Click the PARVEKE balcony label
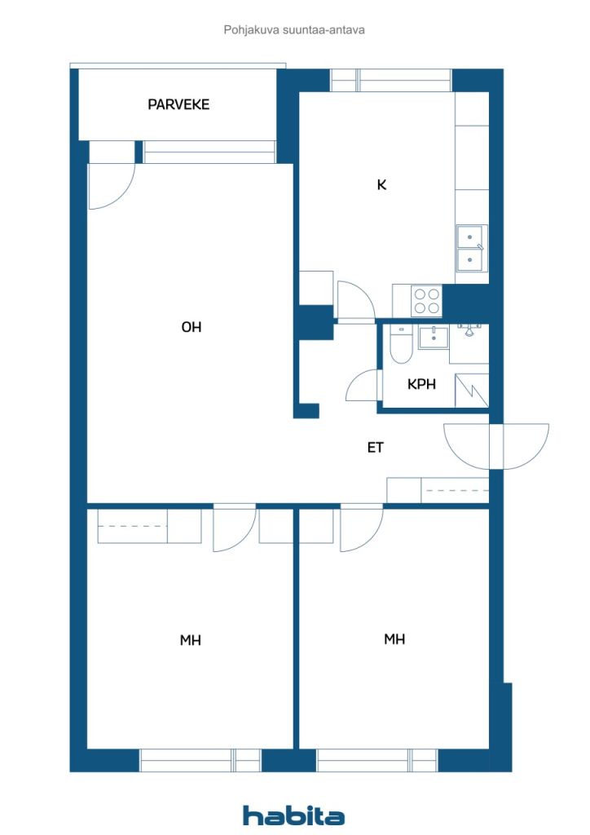(178, 104)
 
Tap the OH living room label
(192, 327)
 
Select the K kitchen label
(381, 185)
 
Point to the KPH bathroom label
(421, 384)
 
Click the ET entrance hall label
(375, 448)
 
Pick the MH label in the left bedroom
(191, 639)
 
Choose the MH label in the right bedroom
(394, 638)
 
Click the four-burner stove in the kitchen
(427, 301)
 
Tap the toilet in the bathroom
(401, 345)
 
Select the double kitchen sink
(471, 249)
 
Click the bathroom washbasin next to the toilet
(433, 338)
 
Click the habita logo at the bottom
(293, 815)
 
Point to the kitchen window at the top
(391, 81)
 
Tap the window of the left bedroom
(200, 760)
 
